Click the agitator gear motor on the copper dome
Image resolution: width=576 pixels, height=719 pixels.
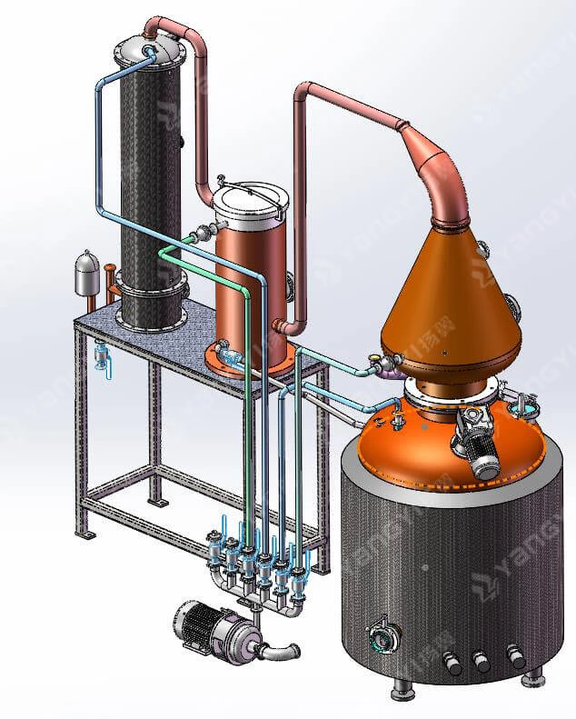(x=479, y=444)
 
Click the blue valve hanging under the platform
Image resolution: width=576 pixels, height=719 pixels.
(x=102, y=355)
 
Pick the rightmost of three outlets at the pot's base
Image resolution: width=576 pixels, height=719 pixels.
(x=516, y=657)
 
